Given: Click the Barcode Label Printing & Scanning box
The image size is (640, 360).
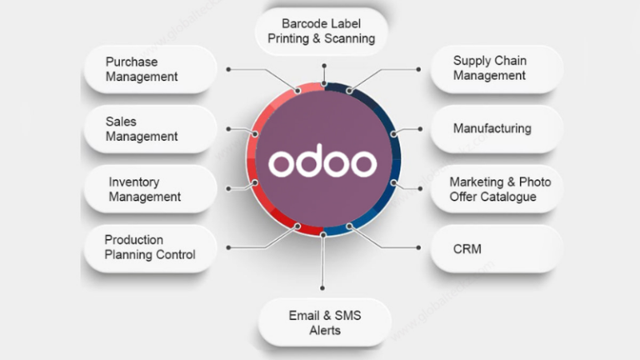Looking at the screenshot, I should click(x=322, y=30).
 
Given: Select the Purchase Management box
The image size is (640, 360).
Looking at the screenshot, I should click(x=150, y=69).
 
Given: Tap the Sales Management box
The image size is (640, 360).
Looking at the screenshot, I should click(x=150, y=129).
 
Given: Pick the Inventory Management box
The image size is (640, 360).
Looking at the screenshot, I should click(x=150, y=189).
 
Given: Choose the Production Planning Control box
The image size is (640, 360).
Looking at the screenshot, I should click(x=150, y=247).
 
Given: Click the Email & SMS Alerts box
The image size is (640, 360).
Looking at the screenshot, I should click(x=325, y=322).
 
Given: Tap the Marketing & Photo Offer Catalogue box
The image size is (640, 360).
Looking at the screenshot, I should click(x=496, y=189).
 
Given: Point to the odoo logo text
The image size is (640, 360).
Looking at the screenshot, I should click(x=322, y=163).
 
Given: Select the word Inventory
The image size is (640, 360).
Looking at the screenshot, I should click(x=134, y=182).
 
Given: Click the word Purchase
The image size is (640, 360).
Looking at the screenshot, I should click(x=132, y=62).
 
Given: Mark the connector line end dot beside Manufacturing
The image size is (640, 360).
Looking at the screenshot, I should click(x=420, y=129).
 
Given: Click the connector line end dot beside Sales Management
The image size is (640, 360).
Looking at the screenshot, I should click(x=228, y=129).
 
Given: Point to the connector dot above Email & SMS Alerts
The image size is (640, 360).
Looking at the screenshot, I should click(x=323, y=287).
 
